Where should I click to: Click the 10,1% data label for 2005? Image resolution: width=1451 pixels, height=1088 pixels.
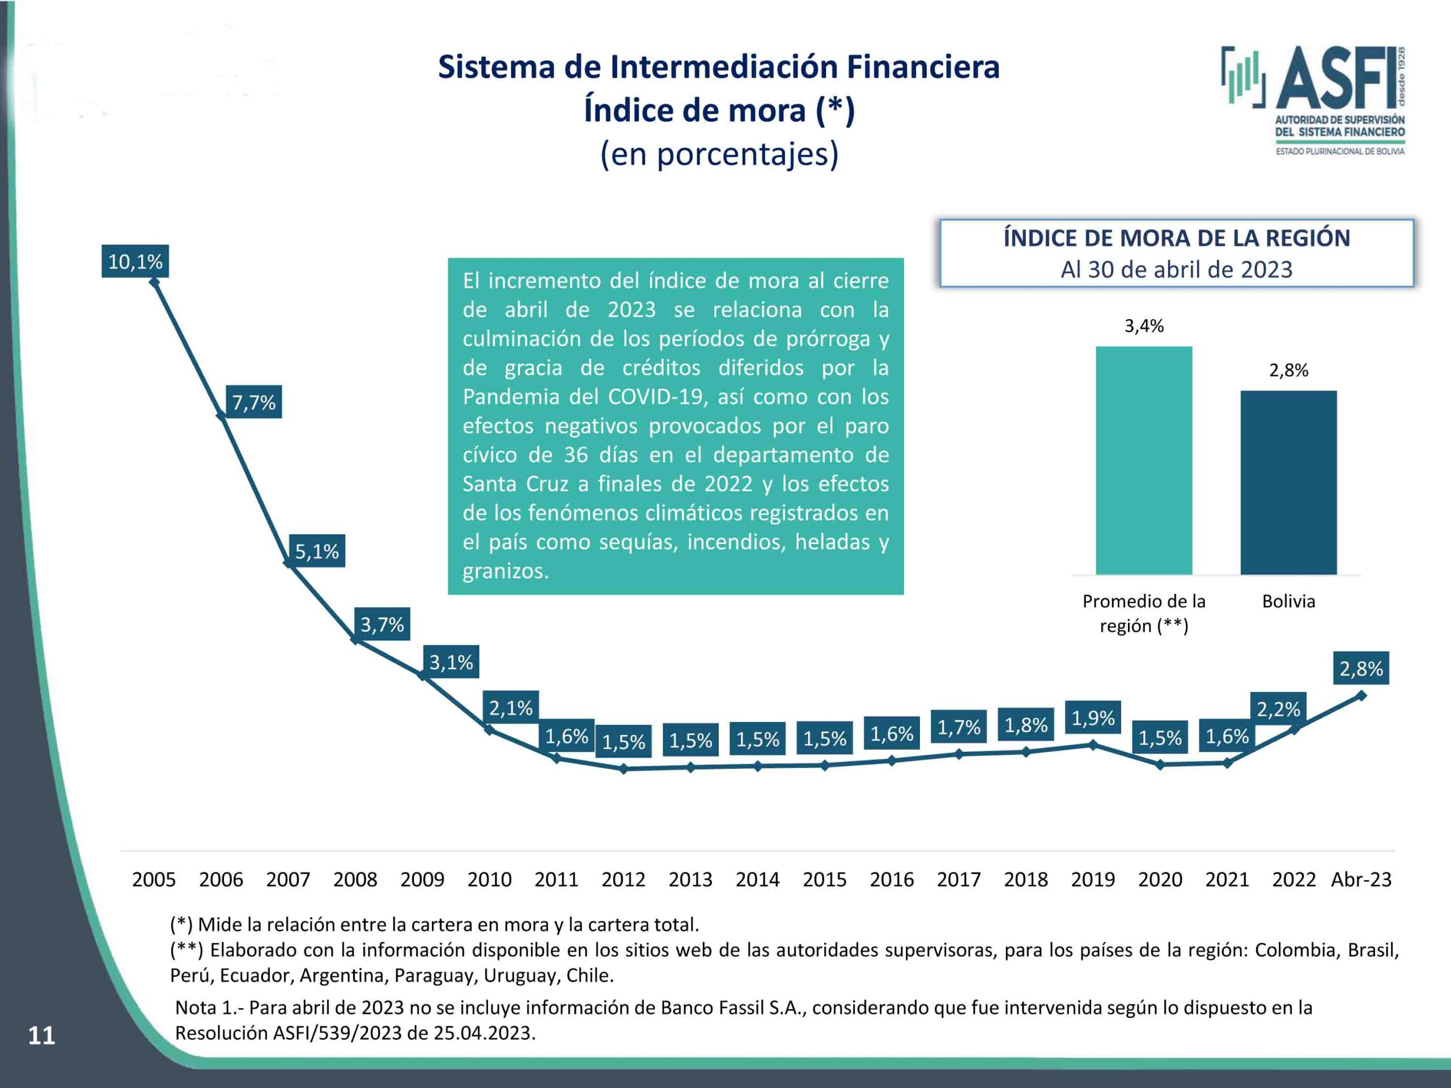point(135,262)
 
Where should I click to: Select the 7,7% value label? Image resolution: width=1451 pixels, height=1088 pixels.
point(254,402)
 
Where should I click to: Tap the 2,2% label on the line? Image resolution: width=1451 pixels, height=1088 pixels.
point(1278,709)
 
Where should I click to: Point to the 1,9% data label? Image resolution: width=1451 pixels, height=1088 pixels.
point(1093,718)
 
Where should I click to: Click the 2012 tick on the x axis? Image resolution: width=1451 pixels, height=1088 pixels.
point(623,879)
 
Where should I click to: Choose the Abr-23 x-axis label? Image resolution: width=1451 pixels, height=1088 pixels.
point(1360,879)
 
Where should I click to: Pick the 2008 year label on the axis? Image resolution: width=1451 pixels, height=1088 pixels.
point(355,879)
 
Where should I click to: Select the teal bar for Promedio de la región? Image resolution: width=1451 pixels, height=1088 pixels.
point(1143,460)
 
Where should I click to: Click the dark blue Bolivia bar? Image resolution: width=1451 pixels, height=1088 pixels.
point(1288,483)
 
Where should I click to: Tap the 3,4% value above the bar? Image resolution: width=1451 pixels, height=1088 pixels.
point(1144,326)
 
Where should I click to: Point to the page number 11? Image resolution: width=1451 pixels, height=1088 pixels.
point(41,1035)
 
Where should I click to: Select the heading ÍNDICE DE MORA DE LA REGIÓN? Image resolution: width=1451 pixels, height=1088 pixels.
point(1176,238)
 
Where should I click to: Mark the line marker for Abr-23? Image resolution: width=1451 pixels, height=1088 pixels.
point(1360,695)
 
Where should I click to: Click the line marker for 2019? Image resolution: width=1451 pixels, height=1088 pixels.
point(1093,745)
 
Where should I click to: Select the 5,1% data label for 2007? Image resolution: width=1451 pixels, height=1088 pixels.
point(317,551)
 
